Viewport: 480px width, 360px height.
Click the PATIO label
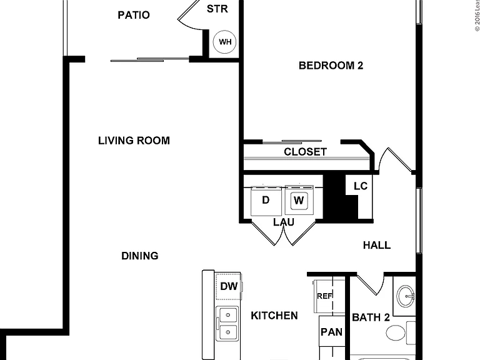(x=134, y=15)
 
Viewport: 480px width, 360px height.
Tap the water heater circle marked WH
(x=224, y=42)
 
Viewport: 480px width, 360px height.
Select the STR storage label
(x=217, y=9)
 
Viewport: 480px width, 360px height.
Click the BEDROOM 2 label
(x=331, y=66)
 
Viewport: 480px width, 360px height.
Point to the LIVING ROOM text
(x=134, y=141)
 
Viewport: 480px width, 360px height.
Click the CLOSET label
(x=305, y=151)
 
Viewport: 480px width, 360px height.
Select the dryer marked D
(x=266, y=201)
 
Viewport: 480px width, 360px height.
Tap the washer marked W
(x=299, y=200)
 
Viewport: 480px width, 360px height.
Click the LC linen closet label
(x=360, y=186)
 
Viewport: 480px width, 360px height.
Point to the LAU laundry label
(x=284, y=222)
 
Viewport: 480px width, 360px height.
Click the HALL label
(x=377, y=245)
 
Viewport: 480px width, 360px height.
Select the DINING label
(x=140, y=256)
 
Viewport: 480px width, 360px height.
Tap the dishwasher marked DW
(x=229, y=286)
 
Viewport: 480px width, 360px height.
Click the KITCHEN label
(x=274, y=316)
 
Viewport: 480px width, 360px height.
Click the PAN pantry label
(x=331, y=332)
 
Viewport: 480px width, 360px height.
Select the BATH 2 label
(x=371, y=317)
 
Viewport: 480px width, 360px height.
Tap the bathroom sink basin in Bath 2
(x=406, y=296)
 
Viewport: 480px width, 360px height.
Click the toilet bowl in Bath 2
(x=396, y=332)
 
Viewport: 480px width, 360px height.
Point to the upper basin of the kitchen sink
(x=228, y=315)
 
